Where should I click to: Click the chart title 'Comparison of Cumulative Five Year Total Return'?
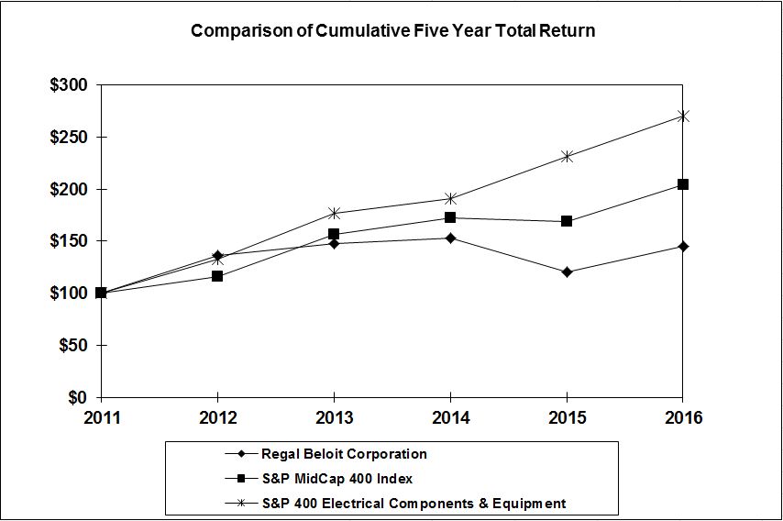pyautogui.click(x=392, y=30)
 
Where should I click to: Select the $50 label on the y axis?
pyautogui.click(x=72, y=346)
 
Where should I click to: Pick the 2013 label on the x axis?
pyautogui.click(x=334, y=418)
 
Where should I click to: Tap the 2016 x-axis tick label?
pyautogui.click(x=682, y=418)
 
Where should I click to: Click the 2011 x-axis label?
pyautogui.click(x=101, y=418)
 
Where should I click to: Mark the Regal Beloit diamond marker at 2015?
pyautogui.click(x=567, y=272)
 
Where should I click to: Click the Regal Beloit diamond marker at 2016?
pyautogui.click(x=683, y=246)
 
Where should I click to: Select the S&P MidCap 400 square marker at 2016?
pyautogui.click(x=683, y=184)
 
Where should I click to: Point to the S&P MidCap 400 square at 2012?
pyautogui.click(x=217, y=276)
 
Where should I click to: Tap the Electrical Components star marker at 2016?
pyautogui.click(x=683, y=116)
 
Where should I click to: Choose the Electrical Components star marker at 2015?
pyautogui.click(x=567, y=156)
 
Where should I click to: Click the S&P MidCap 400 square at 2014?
pyautogui.click(x=450, y=217)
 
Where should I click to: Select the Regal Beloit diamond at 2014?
pyautogui.click(x=450, y=238)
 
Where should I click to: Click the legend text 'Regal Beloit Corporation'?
pyautogui.click(x=344, y=454)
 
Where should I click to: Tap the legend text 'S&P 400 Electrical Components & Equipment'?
pyautogui.click(x=414, y=503)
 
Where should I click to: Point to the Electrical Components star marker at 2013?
pyautogui.click(x=334, y=213)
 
